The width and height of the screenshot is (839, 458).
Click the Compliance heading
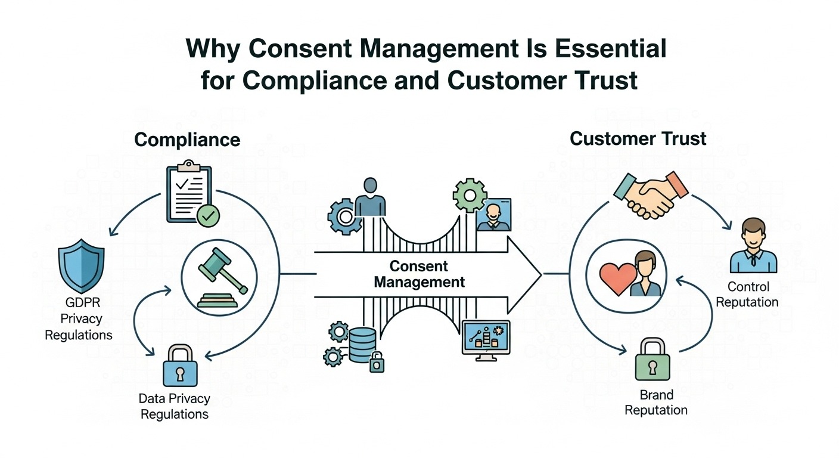(187, 140)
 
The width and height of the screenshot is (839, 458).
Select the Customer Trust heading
(638, 139)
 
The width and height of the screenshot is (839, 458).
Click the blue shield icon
(82, 270)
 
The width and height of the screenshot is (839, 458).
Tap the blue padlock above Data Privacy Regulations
(179, 364)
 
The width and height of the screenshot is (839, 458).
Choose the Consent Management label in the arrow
(419, 274)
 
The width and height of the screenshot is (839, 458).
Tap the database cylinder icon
(362, 344)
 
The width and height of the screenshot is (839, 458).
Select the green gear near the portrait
(470, 194)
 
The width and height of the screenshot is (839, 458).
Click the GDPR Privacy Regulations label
(79, 318)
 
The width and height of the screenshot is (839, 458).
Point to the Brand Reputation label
(656, 403)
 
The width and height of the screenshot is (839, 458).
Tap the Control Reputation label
(747, 294)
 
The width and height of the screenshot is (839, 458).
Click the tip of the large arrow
(539, 274)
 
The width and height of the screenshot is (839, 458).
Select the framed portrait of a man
(493, 215)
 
